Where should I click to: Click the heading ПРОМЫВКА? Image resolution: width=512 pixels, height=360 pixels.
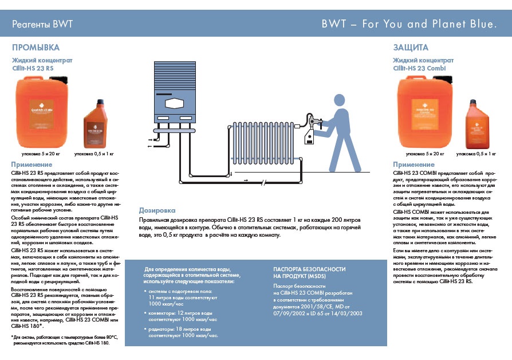tap(36, 48)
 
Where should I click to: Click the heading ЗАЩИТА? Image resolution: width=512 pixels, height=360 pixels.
tap(410, 48)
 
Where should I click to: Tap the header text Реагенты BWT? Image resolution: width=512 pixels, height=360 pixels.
tap(42, 25)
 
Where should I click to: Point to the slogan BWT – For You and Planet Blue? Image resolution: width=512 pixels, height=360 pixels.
tap(408, 25)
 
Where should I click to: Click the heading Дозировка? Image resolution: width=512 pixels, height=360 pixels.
tap(157, 211)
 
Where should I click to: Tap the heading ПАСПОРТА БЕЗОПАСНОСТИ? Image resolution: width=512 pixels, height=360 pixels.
tap(309, 272)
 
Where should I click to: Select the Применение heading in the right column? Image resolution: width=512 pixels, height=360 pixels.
tap(414, 165)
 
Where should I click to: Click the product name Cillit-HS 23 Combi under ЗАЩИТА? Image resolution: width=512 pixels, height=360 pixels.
tap(420, 68)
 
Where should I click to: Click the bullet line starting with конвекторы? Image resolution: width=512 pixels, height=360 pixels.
tap(180, 313)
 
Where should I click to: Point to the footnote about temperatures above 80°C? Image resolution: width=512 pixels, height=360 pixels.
tap(60, 340)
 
